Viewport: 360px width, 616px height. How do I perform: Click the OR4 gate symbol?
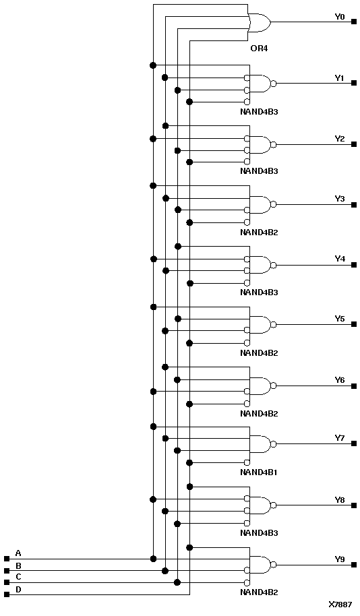point(260,23)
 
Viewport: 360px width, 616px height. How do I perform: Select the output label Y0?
point(340,16)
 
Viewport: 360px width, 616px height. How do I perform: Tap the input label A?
point(18,553)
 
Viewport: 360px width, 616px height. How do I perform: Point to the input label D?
point(18,590)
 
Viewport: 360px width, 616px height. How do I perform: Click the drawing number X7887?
point(340,605)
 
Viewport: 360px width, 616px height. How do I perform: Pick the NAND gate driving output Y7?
point(260,444)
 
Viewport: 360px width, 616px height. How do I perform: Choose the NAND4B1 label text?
point(259,472)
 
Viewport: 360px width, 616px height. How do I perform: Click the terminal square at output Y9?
point(354,565)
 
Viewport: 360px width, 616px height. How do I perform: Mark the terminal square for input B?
point(7,570)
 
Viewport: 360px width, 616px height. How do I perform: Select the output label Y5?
point(340,318)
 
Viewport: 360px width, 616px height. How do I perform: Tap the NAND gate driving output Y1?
point(260,84)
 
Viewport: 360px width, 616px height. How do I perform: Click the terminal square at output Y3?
point(354,204)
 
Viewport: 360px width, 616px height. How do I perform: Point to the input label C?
point(18,577)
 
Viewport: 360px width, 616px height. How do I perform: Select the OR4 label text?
point(260,49)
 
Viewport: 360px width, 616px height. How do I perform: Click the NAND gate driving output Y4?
point(260,265)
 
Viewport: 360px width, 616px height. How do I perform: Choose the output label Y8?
point(340,499)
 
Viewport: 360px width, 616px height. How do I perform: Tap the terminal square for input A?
point(7,559)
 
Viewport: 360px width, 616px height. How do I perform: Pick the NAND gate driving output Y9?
point(260,565)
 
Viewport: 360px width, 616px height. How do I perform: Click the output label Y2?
point(340,138)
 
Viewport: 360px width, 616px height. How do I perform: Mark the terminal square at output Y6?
point(354,386)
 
